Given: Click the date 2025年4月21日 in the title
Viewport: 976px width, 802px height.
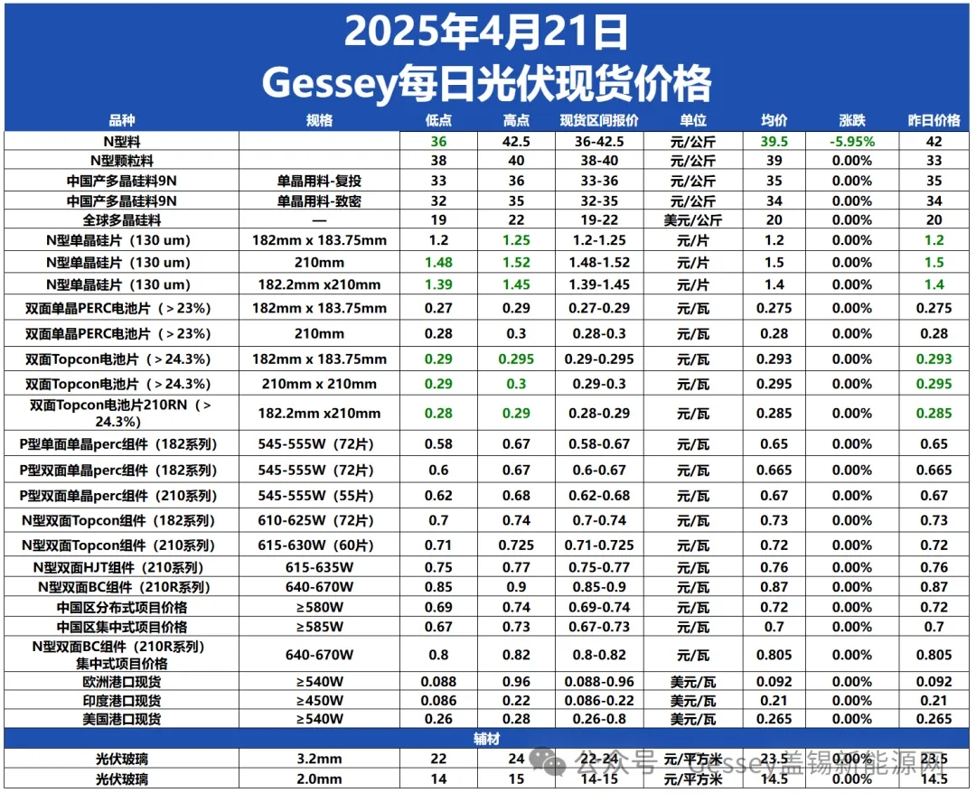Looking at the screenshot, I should coord(486,33).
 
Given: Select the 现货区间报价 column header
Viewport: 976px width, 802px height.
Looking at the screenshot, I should coord(599,120).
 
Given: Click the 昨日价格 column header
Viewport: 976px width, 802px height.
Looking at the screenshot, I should coord(934,120).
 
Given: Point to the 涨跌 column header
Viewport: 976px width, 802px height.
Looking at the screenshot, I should coord(852,120).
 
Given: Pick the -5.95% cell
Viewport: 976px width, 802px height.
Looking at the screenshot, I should coord(852,142).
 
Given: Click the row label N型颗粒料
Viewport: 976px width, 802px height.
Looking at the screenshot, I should coord(122,161).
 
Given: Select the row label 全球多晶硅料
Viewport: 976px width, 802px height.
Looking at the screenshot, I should coord(122,219).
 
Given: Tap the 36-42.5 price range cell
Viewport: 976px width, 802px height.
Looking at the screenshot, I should coord(599,142).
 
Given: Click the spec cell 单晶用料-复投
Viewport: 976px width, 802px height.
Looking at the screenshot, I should coord(320,181).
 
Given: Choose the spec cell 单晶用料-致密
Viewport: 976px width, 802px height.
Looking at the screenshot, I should coord(320,200).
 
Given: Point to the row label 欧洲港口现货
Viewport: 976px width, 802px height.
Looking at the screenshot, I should coord(122,682).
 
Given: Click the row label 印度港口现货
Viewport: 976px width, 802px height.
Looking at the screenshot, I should coord(122,701).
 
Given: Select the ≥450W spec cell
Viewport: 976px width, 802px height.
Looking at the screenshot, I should coord(320,701).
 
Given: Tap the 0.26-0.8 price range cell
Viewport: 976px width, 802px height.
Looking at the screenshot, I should coord(599,720).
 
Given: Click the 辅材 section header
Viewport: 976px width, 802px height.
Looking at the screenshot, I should coord(486,738).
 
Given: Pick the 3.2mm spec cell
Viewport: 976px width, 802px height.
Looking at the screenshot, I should coord(320,760).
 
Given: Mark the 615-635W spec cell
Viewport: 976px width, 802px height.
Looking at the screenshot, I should coord(320,567).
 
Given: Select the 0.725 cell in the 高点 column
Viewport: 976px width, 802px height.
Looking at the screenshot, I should coord(516,546).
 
